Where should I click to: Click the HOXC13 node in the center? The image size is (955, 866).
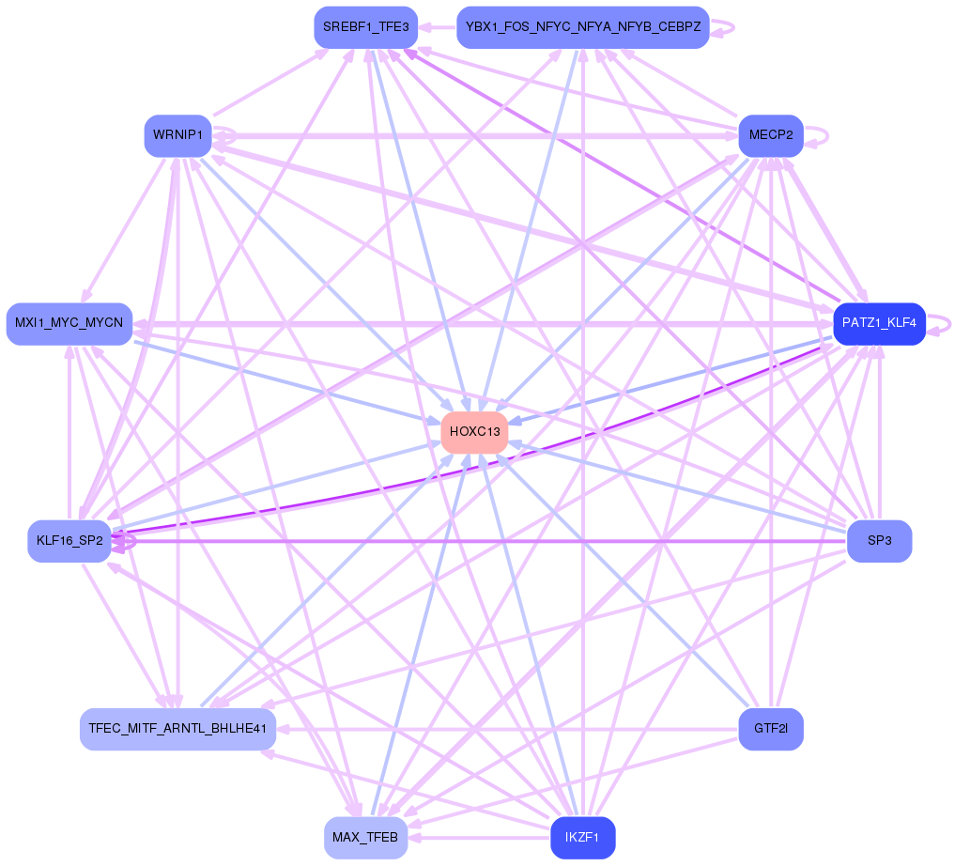click(474, 432)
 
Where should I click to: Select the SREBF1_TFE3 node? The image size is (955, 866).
click(365, 27)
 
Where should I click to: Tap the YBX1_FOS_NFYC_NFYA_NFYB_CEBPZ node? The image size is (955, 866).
click(582, 27)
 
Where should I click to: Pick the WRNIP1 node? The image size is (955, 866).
click(177, 135)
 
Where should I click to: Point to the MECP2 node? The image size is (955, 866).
click(770, 135)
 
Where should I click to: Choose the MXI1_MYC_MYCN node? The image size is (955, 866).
click(69, 323)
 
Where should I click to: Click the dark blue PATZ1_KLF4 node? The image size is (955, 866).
click(879, 324)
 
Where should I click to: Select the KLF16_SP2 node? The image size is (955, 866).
click(69, 541)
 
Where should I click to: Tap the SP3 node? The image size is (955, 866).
click(879, 541)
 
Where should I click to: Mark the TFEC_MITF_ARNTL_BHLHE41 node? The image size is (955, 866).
click(177, 729)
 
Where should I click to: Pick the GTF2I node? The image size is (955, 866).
click(770, 729)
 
